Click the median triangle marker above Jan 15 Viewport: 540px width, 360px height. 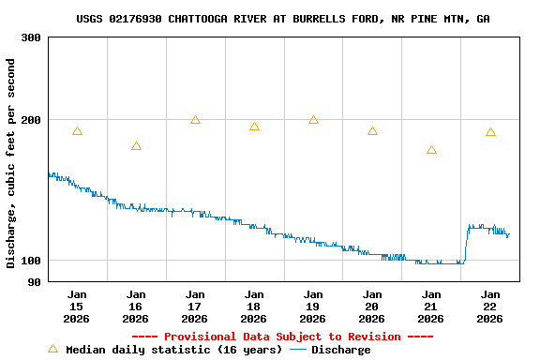pyautogui.click(x=77, y=131)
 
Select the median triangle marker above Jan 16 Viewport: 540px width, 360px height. pyautogui.click(x=136, y=146)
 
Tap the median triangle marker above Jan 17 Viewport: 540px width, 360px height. pyautogui.click(x=195, y=120)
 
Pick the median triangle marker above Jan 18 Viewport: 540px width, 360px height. pyautogui.click(x=254, y=127)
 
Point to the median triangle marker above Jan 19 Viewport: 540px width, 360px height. pyautogui.click(x=313, y=120)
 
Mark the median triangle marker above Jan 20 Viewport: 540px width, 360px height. pyautogui.click(x=372, y=131)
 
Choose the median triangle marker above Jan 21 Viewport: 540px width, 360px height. pyautogui.click(x=431, y=150)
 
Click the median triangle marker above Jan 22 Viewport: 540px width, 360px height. pyautogui.click(x=490, y=132)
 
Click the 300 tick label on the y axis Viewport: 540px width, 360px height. pyautogui.click(x=30, y=37)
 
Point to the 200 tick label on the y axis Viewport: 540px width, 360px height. pyautogui.click(x=30, y=120)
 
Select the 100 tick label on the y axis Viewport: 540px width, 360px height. pyautogui.click(x=30, y=261)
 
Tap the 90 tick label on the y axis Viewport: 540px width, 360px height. pyautogui.click(x=34, y=282)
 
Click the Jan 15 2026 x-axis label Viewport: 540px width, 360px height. pyautogui.click(x=77, y=307)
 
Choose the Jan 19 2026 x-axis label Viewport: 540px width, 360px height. pyautogui.click(x=313, y=307)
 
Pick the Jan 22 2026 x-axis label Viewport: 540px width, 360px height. pyautogui.click(x=490, y=307)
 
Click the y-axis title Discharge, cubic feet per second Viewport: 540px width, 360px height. pyautogui.click(x=11, y=163)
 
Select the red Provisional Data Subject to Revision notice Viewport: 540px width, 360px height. pyautogui.click(x=282, y=337)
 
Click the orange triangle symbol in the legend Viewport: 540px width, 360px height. pyautogui.click(x=52, y=350)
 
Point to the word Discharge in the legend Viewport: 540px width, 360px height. pyautogui.click(x=340, y=350)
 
